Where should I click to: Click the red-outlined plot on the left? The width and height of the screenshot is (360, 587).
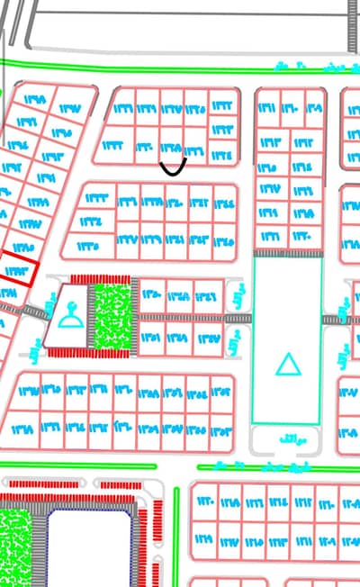(x=19, y=271)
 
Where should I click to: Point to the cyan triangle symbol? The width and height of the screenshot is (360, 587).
(x=287, y=365)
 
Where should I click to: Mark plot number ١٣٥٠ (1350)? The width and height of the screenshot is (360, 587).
(x=152, y=295)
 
